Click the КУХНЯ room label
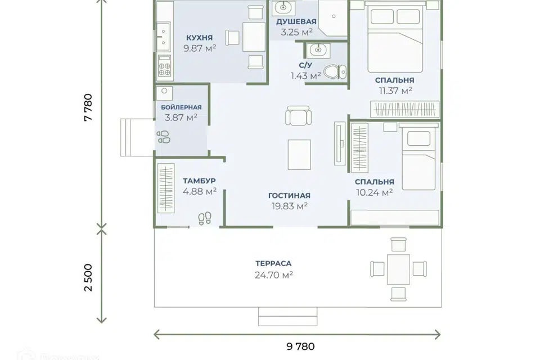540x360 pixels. click(199, 38)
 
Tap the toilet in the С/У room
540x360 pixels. click(335, 72)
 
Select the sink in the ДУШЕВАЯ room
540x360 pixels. click(283, 7)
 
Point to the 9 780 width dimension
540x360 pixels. click(300, 346)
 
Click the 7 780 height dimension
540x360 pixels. click(88, 107)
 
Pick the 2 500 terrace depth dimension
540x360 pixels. click(88, 278)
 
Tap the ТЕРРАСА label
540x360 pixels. click(273, 264)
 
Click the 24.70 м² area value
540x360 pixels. click(274, 275)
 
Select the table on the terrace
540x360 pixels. click(398, 269)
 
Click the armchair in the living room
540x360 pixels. click(299, 115)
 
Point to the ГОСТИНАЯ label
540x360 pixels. click(289, 196)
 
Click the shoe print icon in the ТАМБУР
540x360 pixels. click(205, 218)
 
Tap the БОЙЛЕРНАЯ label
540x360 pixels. click(182, 107)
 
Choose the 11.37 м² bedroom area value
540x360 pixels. click(395, 91)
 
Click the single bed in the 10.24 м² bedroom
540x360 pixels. click(418, 158)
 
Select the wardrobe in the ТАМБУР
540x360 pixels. click(166, 188)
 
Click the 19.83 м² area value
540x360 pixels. click(290, 206)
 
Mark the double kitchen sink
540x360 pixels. click(164, 37)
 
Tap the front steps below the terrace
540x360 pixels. click(287, 317)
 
